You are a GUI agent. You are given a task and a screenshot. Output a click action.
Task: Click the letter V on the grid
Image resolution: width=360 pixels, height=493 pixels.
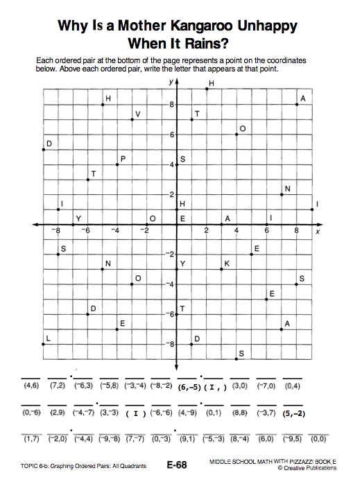[x=137, y=113]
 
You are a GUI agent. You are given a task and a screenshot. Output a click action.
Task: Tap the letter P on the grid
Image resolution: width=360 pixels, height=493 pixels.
[x=123, y=158]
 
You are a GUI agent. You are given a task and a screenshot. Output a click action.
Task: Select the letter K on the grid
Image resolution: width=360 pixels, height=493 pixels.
[x=226, y=263]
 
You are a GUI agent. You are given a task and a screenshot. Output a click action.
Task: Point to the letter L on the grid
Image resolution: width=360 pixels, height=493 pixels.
[x=47, y=338]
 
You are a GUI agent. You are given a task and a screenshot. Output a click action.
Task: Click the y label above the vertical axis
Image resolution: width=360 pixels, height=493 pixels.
[x=170, y=81]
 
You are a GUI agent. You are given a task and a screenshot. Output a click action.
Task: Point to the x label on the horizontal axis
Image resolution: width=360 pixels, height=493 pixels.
[x=317, y=232]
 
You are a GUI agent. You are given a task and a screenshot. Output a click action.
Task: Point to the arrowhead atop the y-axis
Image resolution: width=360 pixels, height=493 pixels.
[x=177, y=82]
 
